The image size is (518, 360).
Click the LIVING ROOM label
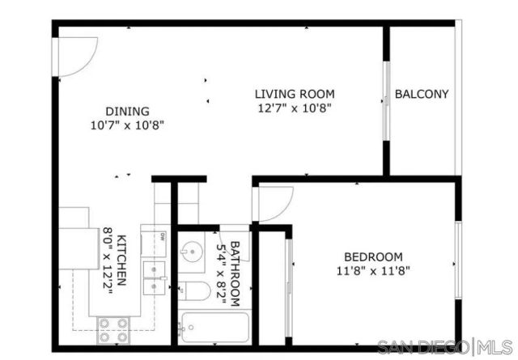(x=295, y=94)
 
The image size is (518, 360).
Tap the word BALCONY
(x=421, y=94)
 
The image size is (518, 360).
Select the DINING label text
(x=127, y=112)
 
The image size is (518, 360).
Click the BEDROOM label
(x=373, y=256)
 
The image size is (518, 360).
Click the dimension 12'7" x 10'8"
(x=295, y=108)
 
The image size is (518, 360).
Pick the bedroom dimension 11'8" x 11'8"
(x=373, y=271)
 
